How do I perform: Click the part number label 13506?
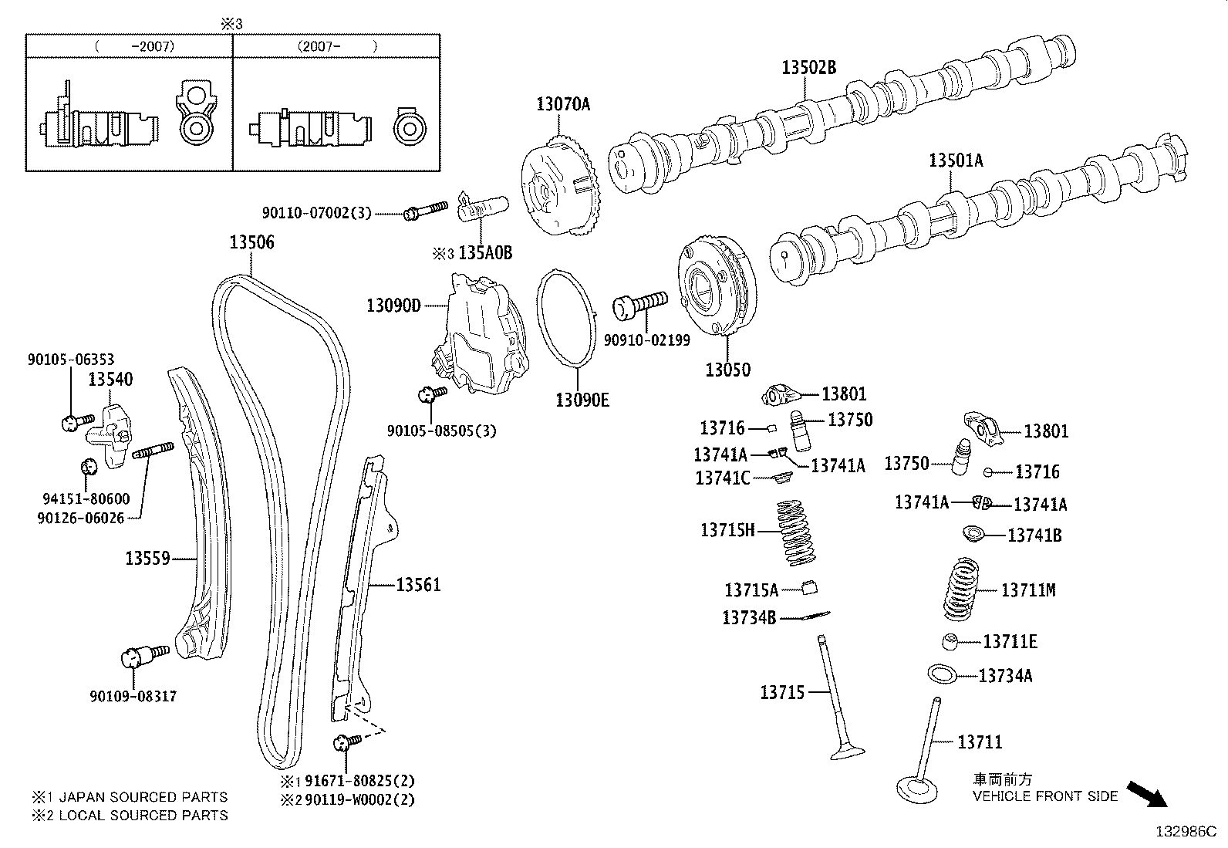point(251,242)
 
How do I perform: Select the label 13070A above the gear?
point(563,104)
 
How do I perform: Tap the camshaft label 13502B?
point(808,68)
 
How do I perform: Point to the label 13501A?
point(956,160)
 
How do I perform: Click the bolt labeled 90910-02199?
point(639,304)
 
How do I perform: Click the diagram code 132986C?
point(1185,832)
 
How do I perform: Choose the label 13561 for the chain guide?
point(418,586)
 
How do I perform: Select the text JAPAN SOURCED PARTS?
point(143,797)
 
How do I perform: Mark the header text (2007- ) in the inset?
point(337,46)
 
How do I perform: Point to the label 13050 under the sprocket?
point(727,370)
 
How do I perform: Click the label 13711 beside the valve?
point(979,742)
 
